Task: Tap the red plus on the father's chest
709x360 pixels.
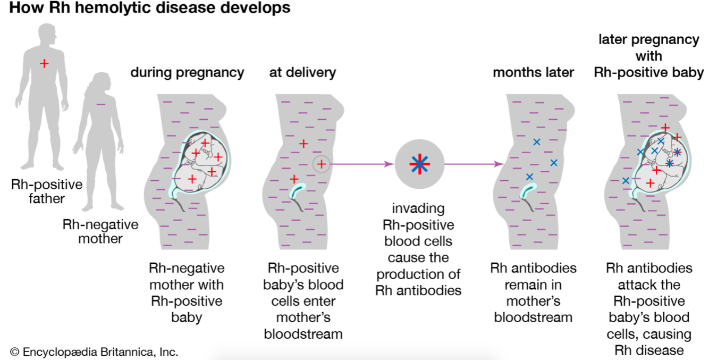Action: pos(44,64)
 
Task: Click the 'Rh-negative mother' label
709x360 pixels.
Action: pos(100,231)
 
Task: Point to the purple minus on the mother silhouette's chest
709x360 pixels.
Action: pos(101,104)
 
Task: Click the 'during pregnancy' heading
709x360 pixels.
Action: pos(187,73)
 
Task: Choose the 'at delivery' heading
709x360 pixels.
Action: pos(302,73)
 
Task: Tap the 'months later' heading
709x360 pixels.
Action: pos(533,73)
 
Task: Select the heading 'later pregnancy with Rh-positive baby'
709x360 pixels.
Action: pos(648,56)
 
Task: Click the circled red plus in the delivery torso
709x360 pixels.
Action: pos(321,164)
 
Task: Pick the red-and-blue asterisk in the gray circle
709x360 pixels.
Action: pos(419,164)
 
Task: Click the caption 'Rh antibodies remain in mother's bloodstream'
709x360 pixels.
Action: pos(533,292)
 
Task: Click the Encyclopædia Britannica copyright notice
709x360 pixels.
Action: pos(94,351)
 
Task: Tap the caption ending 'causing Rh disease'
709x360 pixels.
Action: pos(648,309)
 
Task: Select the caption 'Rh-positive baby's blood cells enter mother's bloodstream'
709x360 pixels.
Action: pos(303,300)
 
